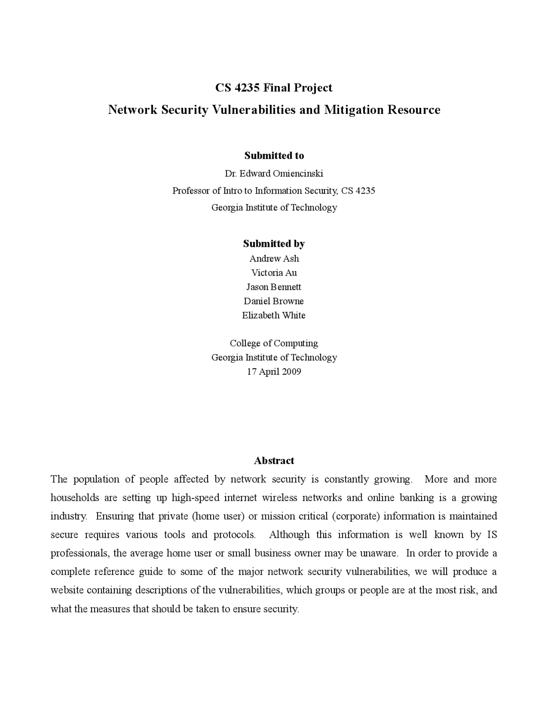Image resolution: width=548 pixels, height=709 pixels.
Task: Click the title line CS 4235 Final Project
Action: coord(274,88)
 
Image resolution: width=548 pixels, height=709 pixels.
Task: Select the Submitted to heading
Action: coord(274,155)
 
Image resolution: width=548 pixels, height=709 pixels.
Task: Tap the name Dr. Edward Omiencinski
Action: coord(274,173)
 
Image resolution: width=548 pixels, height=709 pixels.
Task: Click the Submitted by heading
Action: coord(274,244)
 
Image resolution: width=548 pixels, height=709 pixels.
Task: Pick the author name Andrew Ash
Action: coord(274,259)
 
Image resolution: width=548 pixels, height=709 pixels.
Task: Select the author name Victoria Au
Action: coord(274,273)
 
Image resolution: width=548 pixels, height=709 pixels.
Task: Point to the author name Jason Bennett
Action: coord(274,287)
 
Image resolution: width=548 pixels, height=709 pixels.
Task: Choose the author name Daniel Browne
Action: coord(274,301)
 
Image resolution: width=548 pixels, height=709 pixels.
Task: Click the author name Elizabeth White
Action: coord(274,316)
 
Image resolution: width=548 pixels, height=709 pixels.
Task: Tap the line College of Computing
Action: coord(274,343)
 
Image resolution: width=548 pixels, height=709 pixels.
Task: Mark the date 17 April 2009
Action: coord(274,372)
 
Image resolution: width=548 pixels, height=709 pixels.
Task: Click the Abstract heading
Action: coord(274,461)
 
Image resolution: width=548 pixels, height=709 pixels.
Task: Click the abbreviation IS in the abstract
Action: coord(492,535)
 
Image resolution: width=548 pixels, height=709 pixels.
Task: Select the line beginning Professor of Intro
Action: coord(274,191)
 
